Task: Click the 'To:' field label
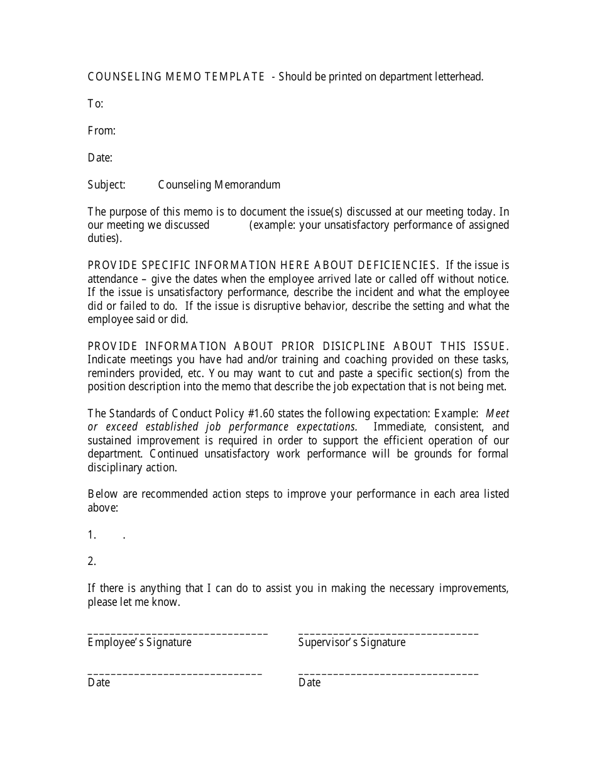point(96,104)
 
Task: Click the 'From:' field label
point(102,131)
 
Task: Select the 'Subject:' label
point(107,185)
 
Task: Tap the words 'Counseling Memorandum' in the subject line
point(219,185)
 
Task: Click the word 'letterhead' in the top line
point(458,77)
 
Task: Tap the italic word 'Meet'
point(498,414)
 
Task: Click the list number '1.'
point(92,535)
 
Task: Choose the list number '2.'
point(92,561)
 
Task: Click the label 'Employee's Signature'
point(140,642)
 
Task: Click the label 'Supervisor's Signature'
point(352,642)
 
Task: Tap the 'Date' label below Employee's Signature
point(99,683)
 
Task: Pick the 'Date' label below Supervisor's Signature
point(309,683)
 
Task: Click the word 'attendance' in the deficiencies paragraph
point(112,279)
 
